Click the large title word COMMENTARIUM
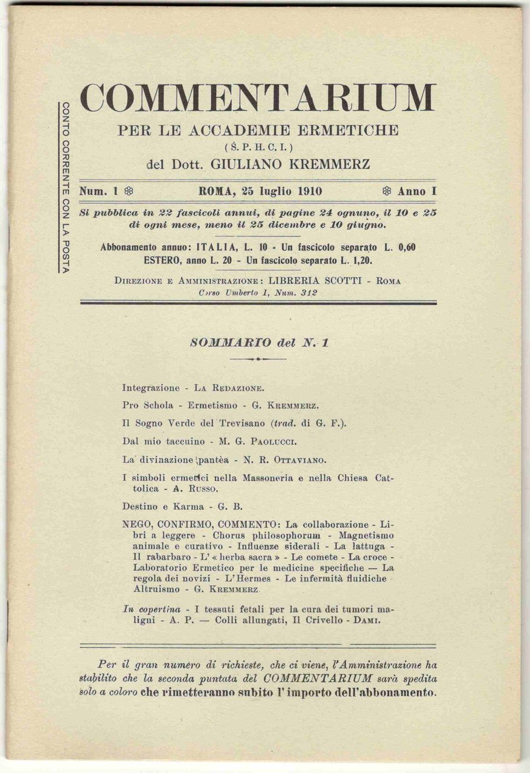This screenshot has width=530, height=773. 258,98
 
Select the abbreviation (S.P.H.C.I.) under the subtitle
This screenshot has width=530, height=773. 258,146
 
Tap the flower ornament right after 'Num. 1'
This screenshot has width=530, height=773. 128,191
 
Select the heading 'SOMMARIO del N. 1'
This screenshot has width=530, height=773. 258,342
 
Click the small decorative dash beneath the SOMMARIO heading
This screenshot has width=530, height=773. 258,359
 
